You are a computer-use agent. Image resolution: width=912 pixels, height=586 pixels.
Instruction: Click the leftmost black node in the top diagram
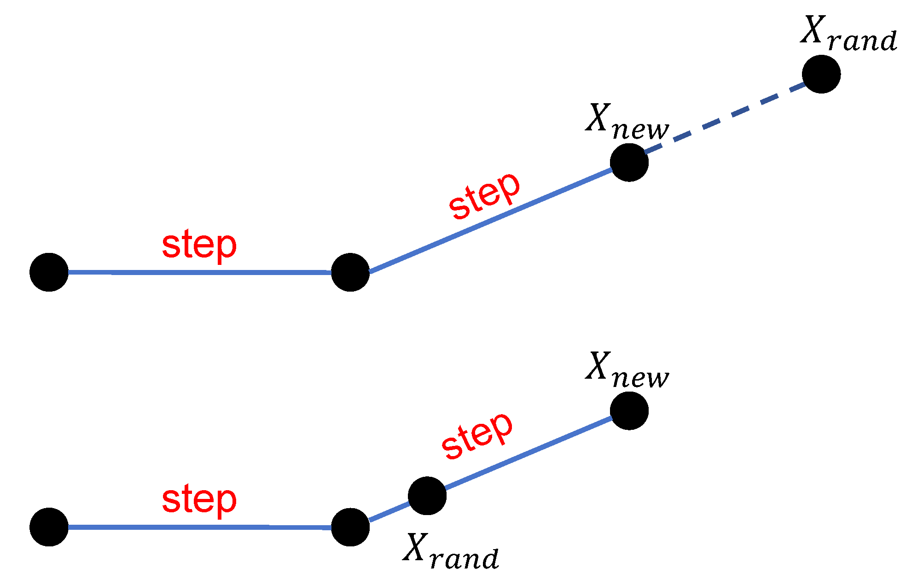click(x=49, y=272)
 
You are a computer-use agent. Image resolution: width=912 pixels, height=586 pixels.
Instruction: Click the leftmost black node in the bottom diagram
click(x=49, y=527)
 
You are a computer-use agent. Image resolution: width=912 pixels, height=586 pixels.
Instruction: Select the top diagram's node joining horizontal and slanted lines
click(x=350, y=272)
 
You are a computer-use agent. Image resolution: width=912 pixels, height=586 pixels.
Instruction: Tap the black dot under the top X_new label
click(x=629, y=162)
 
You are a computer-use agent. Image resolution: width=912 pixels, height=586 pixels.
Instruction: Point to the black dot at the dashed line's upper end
click(x=821, y=74)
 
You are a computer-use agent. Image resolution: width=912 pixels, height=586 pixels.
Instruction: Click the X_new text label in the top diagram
click(x=627, y=122)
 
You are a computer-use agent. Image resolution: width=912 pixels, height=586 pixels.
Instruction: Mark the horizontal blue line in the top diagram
click(x=199, y=273)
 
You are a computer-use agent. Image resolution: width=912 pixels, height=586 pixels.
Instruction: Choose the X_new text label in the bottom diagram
click(x=627, y=370)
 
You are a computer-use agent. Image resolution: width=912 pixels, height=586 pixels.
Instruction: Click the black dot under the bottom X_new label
click(x=629, y=411)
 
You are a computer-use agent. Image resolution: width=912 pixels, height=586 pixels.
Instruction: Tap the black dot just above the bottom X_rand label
click(x=427, y=496)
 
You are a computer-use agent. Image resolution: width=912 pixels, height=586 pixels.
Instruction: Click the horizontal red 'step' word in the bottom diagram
click(x=199, y=499)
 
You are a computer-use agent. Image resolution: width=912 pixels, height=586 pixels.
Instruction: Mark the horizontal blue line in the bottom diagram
click(x=199, y=527)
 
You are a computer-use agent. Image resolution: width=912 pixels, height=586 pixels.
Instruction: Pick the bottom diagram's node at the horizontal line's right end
click(x=350, y=527)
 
